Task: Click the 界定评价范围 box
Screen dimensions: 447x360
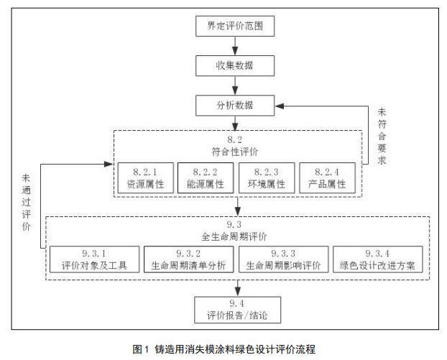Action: (x=235, y=26)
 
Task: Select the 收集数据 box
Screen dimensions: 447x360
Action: (x=235, y=65)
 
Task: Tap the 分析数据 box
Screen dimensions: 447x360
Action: (x=235, y=106)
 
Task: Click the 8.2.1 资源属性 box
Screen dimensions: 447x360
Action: (x=146, y=178)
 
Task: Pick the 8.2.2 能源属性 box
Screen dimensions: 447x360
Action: (x=206, y=178)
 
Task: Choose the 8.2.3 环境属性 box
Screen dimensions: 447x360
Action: (x=267, y=178)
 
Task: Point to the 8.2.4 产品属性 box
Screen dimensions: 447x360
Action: (x=327, y=178)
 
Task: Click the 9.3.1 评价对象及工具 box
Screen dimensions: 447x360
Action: (x=95, y=259)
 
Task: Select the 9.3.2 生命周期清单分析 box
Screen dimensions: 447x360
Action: (x=189, y=259)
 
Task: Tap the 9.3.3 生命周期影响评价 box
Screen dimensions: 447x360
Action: (x=283, y=259)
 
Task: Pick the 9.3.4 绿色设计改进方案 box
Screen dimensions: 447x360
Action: (x=378, y=259)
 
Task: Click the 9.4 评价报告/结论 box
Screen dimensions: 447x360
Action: (x=237, y=310)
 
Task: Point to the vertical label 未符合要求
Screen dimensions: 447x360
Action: (x=382, y=137)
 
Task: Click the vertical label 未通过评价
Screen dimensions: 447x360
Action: (x=26, y=203)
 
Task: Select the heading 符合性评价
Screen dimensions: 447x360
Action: (x=235, y=152)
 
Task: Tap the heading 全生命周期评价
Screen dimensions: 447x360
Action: (x=234, y=236)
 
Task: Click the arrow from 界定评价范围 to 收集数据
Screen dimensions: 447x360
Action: (x=235, y=46)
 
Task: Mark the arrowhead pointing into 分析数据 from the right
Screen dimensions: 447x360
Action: (x=280, y=106)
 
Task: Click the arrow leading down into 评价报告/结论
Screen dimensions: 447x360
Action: (x=238, y=288)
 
